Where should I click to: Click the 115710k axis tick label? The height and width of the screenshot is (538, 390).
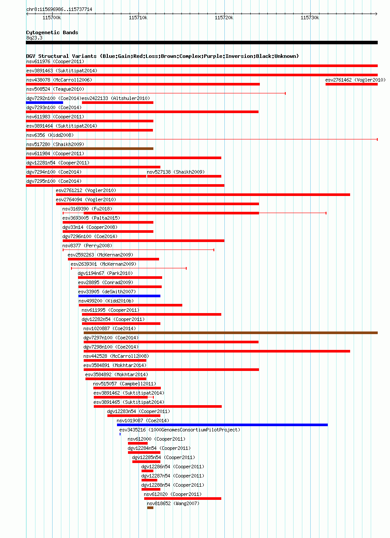point(138,18)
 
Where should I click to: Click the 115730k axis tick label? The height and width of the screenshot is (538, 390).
point(310,18)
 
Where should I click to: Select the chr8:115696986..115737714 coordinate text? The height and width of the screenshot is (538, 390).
point(59,9)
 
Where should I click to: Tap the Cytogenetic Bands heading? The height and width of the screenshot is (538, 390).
point(52,32)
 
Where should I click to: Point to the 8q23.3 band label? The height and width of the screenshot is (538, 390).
point(34,38)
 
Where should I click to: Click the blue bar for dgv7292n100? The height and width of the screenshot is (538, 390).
point(44,103)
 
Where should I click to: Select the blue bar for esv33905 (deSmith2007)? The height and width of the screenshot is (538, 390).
point(119,296)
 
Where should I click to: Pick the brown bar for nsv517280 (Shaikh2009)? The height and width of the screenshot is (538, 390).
point(89,149)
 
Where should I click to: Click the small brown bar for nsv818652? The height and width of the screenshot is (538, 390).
point(150,508)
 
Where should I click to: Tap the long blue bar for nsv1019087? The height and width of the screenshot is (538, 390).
point(222,425)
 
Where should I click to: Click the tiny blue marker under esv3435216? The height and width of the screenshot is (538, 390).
point(120,434)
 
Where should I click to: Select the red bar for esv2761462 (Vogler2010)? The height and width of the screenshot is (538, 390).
point(351,84)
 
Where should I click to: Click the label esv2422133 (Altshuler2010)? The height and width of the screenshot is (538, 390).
point(116,98)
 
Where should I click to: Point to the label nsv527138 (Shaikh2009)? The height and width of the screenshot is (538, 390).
point(176,172)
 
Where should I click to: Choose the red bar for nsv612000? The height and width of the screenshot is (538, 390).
point(138,443)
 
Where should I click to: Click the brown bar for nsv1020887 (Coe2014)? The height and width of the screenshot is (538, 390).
point(230,333)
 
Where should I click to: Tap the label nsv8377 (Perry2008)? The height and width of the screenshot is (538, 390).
point(87,246)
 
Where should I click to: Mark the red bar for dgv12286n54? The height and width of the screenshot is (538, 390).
point(147,471)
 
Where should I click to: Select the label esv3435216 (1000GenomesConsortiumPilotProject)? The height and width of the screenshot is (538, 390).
point(180,430)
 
